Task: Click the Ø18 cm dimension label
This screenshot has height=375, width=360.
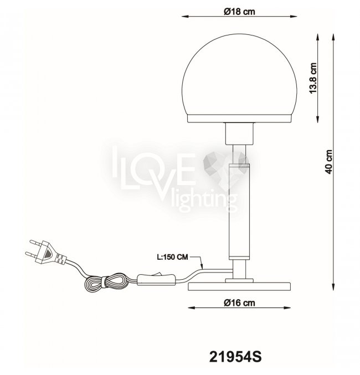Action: click(239, 11)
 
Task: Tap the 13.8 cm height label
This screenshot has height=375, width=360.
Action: click(312, 78)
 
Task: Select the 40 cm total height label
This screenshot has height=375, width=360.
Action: click(328, 162)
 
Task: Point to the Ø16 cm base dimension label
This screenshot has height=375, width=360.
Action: click(239, 303)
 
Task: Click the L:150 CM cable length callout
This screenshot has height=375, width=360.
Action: click(172, 257)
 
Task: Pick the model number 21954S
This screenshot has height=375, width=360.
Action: click(235, 357)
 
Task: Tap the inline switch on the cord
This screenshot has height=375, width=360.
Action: click(156, 279)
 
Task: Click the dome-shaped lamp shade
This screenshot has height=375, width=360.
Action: click(239, 75)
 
